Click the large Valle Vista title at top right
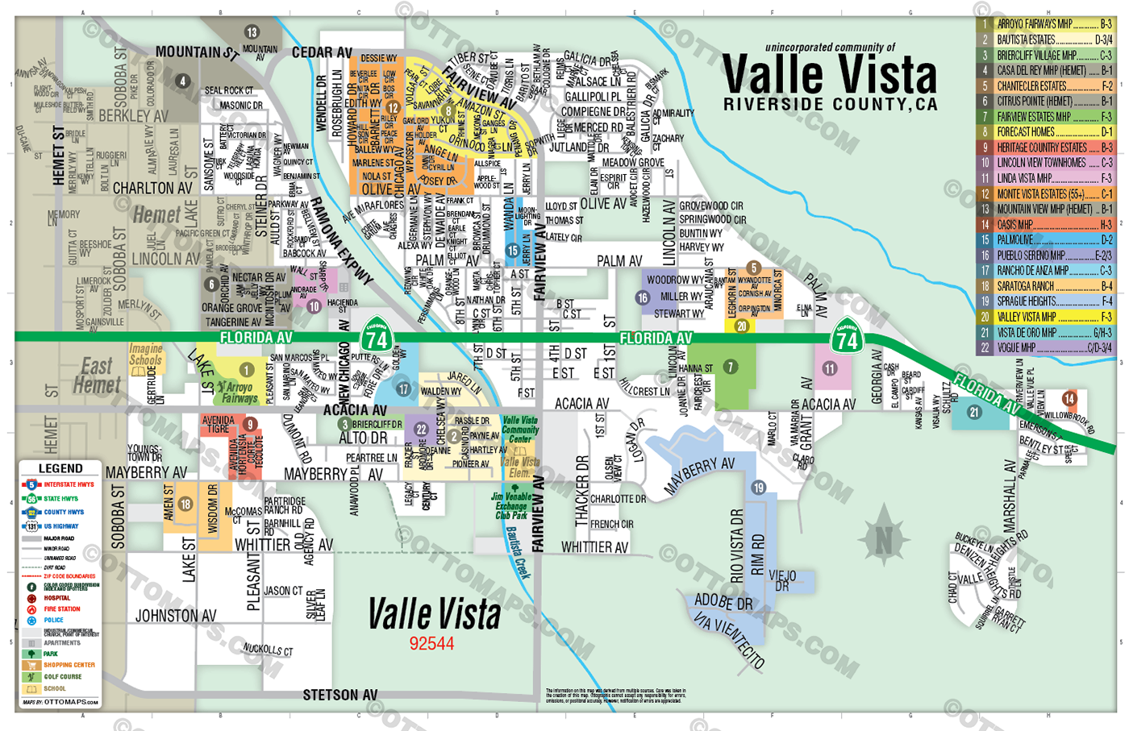click(x=829, y=75)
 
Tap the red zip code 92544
click(x=431, y=643)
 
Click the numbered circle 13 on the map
click(x=252, y=32)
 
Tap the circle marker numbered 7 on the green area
click(x=731, y=367)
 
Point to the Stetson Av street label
click(x=340, y=695)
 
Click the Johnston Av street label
click(x=176, y=616)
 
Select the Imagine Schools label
click(x=146, y=355)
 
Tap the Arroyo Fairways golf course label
click(x=239, y=392)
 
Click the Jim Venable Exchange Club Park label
click(x=511, y=506)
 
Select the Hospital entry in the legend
click(x=56, y=598)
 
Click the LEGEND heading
click(x=60, y=468)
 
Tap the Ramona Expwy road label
click(x=342, y=240)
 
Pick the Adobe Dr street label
click(x=723, y=602)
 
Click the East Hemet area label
click(x=97, y=376)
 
